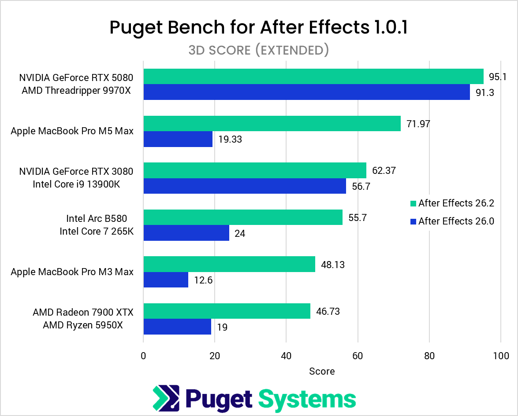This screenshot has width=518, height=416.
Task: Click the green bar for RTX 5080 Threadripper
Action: tap(313, 77)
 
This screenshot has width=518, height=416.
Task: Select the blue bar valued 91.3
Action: tap(306, 92)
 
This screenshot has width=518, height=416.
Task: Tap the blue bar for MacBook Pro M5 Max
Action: tap(178, 139)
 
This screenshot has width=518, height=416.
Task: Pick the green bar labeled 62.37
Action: tap(255, 170)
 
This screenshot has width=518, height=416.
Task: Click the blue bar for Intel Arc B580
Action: tap(186, 233)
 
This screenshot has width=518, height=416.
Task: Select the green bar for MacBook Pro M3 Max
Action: tap(229, 264)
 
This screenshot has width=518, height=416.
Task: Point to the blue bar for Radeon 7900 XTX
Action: tap(177, 327)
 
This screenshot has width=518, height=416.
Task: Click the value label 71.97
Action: tap(417, 124)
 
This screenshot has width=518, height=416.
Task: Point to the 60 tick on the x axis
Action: tap(358, 356)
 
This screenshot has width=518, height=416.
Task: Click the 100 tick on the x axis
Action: tap(501, 356)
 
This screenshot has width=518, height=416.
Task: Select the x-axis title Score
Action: tap(322, 371)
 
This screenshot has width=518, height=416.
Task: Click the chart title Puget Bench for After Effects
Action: tap(259, 27)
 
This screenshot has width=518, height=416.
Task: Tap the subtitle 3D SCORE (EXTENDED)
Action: tap(259, 50)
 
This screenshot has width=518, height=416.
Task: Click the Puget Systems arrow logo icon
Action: tap(166, 398)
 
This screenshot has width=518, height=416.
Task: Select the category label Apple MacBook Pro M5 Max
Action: tap(72, 131)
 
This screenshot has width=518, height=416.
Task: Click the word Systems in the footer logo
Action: tap(307, 399)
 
